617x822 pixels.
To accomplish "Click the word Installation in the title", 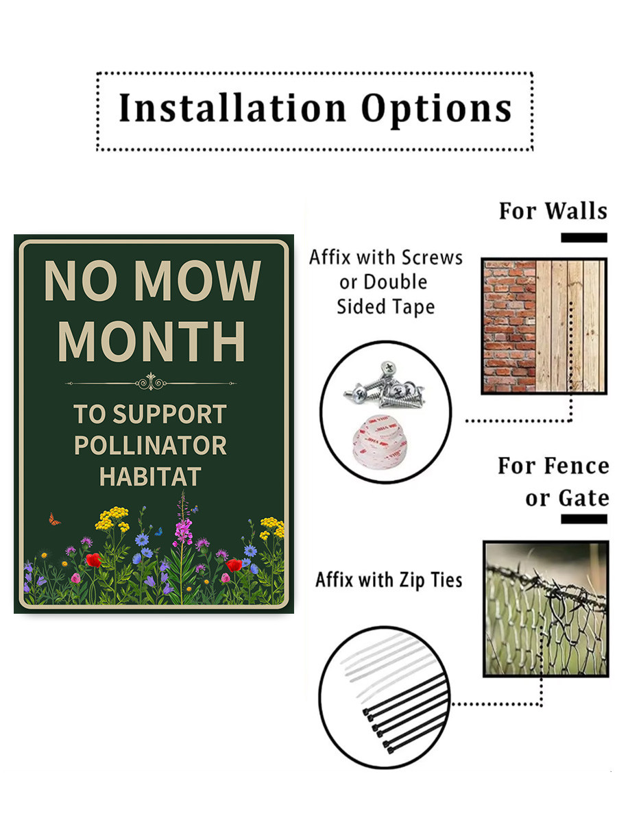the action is click(232, 108).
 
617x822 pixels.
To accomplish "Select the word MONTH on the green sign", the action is click(152, 341).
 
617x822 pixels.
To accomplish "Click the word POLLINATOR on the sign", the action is click(150, 445).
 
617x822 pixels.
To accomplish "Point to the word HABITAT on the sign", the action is click(150, 476).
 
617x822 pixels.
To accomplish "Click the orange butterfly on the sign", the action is click(54, 519).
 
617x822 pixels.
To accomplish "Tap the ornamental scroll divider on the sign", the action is click(151, 382).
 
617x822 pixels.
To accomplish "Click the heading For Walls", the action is click(553, 211).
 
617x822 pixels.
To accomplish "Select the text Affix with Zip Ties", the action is click(389, 580).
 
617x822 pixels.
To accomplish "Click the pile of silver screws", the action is click(385, 386).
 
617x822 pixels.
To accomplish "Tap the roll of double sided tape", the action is click(380, 443).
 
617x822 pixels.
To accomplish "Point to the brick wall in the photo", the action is click(509, 326).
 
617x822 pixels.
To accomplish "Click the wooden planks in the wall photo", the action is click(570, 326).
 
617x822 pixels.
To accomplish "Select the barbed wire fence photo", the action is click(546, 608).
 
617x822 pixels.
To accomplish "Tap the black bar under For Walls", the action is click(583, 238).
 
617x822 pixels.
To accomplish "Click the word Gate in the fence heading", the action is click(583, 499).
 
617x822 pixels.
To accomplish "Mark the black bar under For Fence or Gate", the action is click(583, 519).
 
